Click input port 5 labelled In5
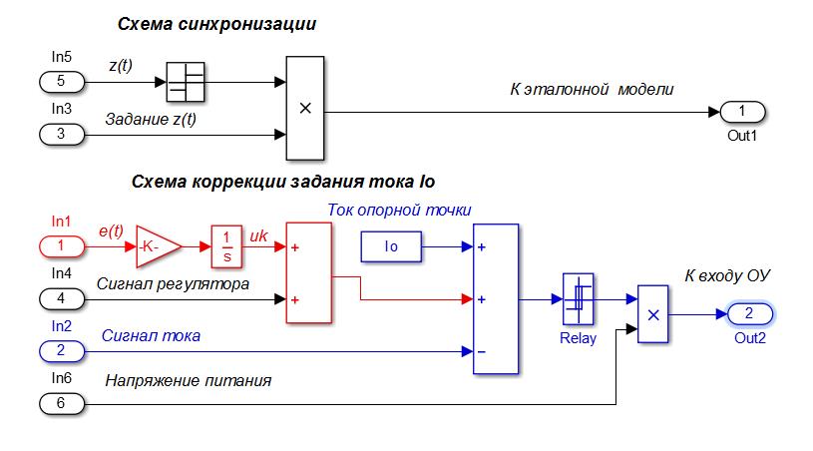60,81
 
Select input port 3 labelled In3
60,133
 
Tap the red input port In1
61,245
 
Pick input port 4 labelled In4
60,297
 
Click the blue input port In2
60,350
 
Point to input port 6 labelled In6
60,403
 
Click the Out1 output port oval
741,111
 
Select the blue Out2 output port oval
749,314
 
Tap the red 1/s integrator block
227,245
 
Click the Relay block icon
579,298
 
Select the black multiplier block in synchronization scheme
305,108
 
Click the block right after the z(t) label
185,81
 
